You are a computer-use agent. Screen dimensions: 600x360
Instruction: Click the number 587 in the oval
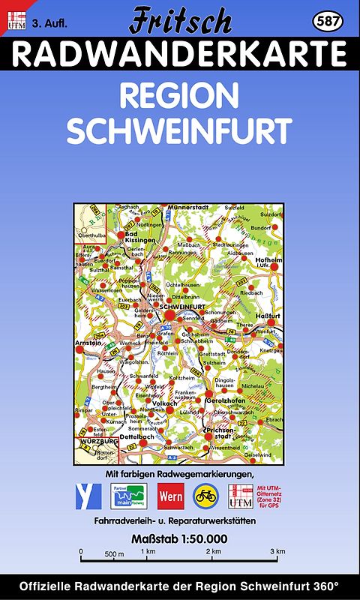[x=328, y=21]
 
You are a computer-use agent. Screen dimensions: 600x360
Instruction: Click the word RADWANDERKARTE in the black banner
[x=180, y=54]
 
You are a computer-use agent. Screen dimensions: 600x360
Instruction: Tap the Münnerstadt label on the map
[x=188, y=207]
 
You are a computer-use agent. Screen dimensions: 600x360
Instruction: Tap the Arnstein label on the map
[x=88, y=343]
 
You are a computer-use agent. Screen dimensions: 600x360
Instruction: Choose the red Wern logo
[x=170, y=496]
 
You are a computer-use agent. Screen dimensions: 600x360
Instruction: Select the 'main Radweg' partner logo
[x=129, y=496]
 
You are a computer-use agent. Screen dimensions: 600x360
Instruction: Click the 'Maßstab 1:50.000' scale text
[x=179, y=538]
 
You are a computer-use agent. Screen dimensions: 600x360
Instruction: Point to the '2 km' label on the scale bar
[x=215, y=551]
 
